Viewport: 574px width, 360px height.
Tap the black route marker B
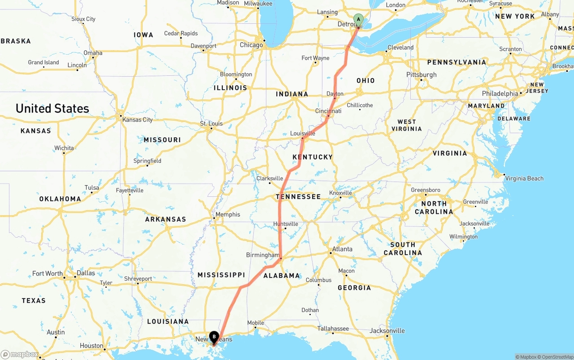214,336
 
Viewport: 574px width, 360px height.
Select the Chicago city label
251,45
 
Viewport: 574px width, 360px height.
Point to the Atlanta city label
342,249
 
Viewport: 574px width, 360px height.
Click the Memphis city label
228,215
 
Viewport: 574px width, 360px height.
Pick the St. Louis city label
211,123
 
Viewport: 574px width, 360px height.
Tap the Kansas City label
137,120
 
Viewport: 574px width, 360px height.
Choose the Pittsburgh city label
421,74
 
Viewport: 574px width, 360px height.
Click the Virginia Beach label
524,178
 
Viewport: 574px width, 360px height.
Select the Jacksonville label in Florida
387,331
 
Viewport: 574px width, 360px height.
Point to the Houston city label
91,346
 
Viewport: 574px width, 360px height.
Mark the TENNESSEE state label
298,197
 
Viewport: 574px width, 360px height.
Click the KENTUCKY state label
313,157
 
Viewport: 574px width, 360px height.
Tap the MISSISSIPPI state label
221,275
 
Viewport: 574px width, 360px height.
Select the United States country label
52,108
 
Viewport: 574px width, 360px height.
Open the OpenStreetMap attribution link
557,357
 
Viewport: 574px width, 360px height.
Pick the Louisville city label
303,134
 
